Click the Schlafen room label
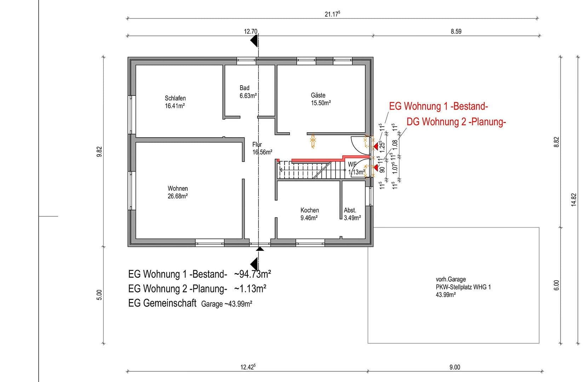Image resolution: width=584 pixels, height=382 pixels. (x=175, y=98)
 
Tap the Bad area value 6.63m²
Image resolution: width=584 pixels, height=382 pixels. (x=248, y=96)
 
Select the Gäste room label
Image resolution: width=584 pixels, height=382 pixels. (x=318, y=95)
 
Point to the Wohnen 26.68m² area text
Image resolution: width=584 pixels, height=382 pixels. (x=177, y=196)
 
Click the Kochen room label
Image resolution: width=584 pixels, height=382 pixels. (x=309, y=210)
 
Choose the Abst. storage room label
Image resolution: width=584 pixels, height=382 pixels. (x=350, y=210)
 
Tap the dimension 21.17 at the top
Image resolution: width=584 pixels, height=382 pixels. (x=332, y=14)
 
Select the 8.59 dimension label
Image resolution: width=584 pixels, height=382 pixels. (x=456, y=31)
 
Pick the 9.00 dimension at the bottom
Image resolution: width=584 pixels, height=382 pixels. (x=454, y=367)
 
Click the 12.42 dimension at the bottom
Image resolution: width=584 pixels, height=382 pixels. (x=247, y=367)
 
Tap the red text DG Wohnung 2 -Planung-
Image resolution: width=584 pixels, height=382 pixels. (x=456, y=122)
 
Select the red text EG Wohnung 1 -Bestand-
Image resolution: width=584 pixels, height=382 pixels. (x=438, y=106)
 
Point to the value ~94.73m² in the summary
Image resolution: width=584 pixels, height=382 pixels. (x=252, y=274)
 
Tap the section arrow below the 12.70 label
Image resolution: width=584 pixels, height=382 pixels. (x=254, y=42)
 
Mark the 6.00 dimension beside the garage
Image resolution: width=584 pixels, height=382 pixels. (x=556, y=285)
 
